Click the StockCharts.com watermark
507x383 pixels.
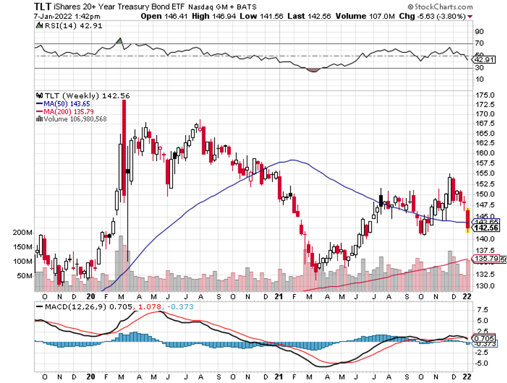440,7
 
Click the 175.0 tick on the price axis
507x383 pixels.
485,95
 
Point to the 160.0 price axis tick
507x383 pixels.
485,154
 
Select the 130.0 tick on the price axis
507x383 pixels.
485,286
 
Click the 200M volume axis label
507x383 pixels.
22,233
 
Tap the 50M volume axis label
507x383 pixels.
24,275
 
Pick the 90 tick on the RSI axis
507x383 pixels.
480,44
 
